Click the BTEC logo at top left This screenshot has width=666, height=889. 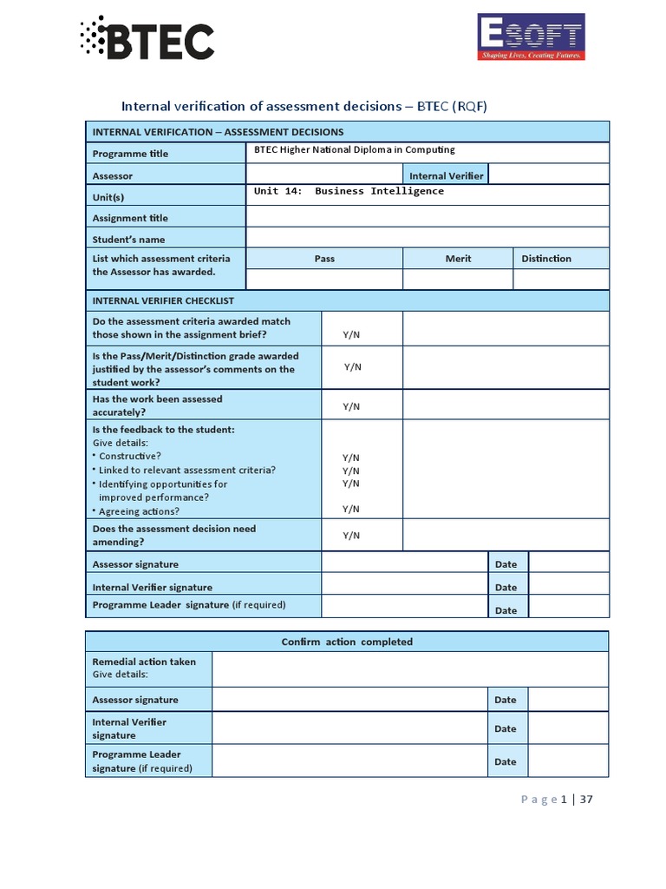click(147, 38)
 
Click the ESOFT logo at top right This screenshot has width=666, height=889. click(531, 37)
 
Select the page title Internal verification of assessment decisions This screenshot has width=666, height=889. click(304, 106)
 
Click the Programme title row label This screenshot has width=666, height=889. click(130, 154)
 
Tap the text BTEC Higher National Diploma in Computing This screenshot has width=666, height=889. click(354, 150)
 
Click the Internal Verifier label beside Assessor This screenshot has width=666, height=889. click(446, 175)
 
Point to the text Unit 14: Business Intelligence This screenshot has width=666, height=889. click(349, 191)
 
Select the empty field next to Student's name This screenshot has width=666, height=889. click(427, 239)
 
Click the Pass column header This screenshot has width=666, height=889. click(324, 259)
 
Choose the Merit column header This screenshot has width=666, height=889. click(458, 259)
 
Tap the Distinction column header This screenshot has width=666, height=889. click(546, 259)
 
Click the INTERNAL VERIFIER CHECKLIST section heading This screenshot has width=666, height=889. click(163, 300)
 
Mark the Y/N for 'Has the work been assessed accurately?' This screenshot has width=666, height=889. click(351, 406)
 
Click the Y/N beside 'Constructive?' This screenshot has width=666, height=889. click(351, 458)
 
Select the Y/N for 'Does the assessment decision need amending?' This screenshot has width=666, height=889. click(351, 536)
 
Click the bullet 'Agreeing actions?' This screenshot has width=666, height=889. click(139, 511)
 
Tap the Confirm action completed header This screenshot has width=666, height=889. click(347, 642)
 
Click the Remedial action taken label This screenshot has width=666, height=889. click(144, 662)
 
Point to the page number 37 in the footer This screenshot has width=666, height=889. click(586, 800)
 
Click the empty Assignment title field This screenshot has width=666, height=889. click(427, 217)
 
